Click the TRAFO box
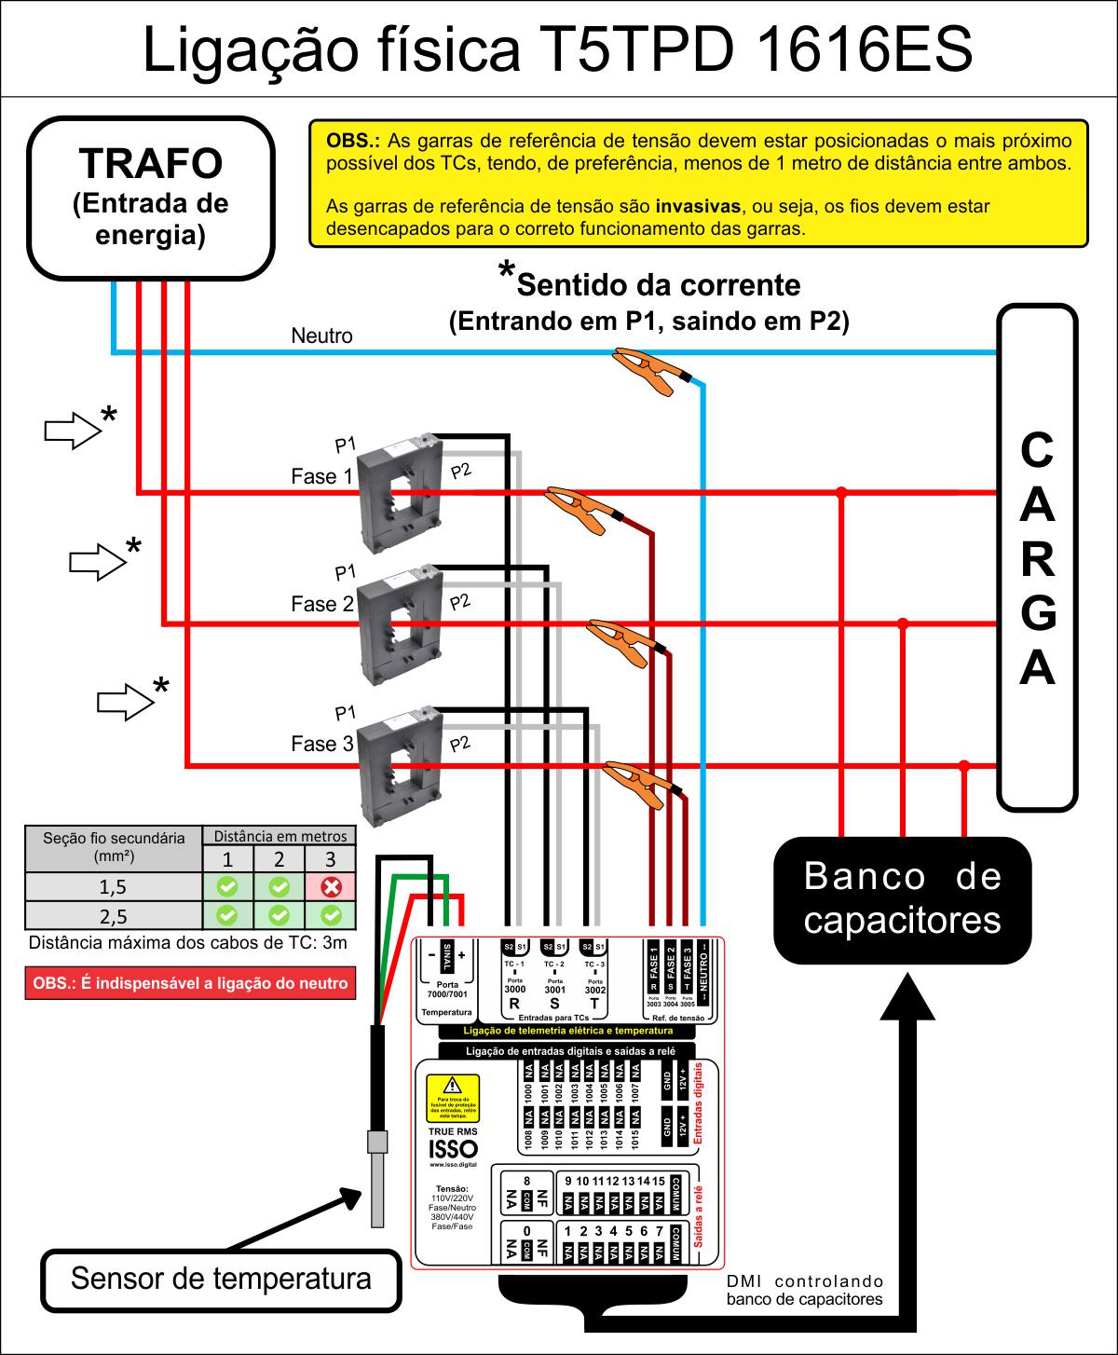point(151,198)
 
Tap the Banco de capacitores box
point(902,899)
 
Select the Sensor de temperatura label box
point(221,1278)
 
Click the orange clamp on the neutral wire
point(652,371)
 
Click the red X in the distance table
point(331,886)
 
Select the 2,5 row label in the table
point(113,915)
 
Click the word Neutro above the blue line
point(321,335)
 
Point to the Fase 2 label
point(321,604)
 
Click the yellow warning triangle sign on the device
point(452,1086)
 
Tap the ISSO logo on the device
point(452,1149)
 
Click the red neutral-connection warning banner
point(190,983)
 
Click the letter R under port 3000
point(513,1005)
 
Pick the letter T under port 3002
point(593,1005)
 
